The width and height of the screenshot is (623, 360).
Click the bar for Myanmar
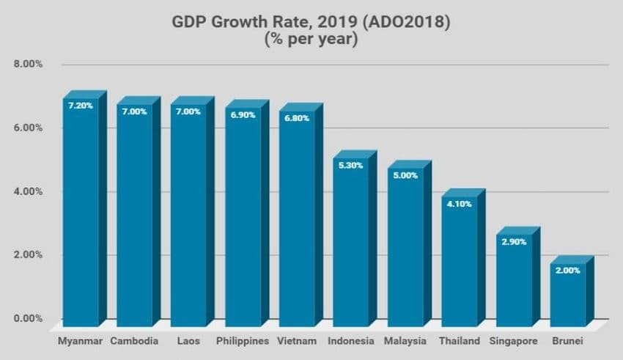coord(81,213)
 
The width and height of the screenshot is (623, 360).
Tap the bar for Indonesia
coord(350,243)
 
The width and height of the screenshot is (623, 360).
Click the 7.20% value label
coord(81,106)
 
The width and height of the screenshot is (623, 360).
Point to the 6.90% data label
coord(243,115)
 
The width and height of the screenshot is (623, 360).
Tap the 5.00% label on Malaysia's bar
coord(405,176)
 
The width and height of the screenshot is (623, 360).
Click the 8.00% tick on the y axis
coord(28,65)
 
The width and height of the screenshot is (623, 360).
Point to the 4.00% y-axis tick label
coord(28,191)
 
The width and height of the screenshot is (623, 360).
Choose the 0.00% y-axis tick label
coord(28,319)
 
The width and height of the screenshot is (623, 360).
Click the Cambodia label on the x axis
coord(135,342)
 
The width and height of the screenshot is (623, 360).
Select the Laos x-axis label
coord(188,342)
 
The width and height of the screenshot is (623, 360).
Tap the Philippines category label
coord(243,342)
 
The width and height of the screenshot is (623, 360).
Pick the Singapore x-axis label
coord(513,342)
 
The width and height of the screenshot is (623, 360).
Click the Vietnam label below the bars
coord(297,342)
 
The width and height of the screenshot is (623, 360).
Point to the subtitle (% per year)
coord(311,40)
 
